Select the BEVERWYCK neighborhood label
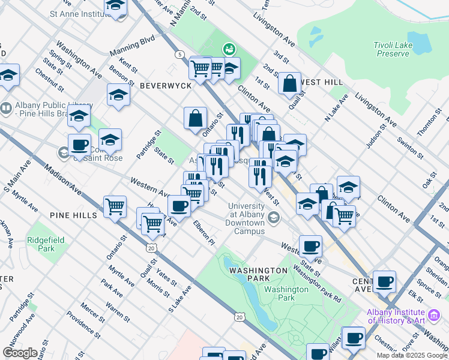click(x=165, y=86)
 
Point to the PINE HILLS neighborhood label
click(x=73, y=215)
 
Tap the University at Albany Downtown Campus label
click(x=246, y=218)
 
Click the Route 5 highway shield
click(x=179, y=55)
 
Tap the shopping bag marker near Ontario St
click(x=195, y=119)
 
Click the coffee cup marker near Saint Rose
click(x=79, y=145)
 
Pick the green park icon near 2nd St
click(x=228, y=49)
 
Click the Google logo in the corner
click(x=20, y=353)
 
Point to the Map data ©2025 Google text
click(x=411, y=355)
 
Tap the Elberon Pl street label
click(x=203, y=233)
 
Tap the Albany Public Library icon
click(x=6, y=108)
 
